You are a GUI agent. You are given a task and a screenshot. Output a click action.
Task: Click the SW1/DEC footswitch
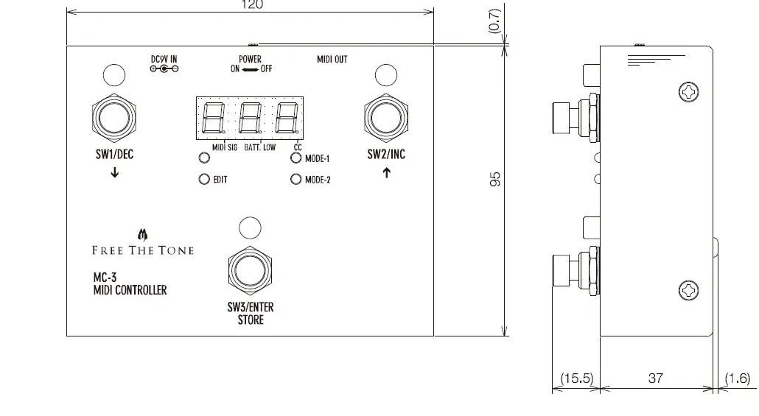click(113, 118)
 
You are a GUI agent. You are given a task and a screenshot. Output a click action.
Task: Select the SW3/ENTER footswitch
click(250, 270)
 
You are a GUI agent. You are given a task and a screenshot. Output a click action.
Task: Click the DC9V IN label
click(164, 59)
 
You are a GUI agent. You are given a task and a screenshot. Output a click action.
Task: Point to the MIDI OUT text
click(332, 59)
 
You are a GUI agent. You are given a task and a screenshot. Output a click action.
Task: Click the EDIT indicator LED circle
click(204, 179)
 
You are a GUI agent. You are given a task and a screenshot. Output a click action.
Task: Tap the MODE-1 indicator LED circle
click(295, 158)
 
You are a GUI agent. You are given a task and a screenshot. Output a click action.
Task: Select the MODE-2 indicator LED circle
click(295, 179)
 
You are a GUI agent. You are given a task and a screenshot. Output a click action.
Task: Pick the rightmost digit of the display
click(286, 117)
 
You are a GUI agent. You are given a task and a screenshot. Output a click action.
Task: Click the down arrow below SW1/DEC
click(114, 174)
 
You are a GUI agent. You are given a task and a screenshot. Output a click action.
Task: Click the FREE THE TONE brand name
click(143, 250)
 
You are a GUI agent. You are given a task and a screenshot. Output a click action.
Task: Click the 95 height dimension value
click(496, 179)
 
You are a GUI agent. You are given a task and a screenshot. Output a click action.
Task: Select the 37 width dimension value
click(655, 378)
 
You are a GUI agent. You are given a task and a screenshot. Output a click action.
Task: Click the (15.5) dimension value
click(576, 378)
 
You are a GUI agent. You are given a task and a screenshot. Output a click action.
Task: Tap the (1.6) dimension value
click(737, 378)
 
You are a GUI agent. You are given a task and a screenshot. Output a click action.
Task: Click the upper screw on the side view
click(688, 92)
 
